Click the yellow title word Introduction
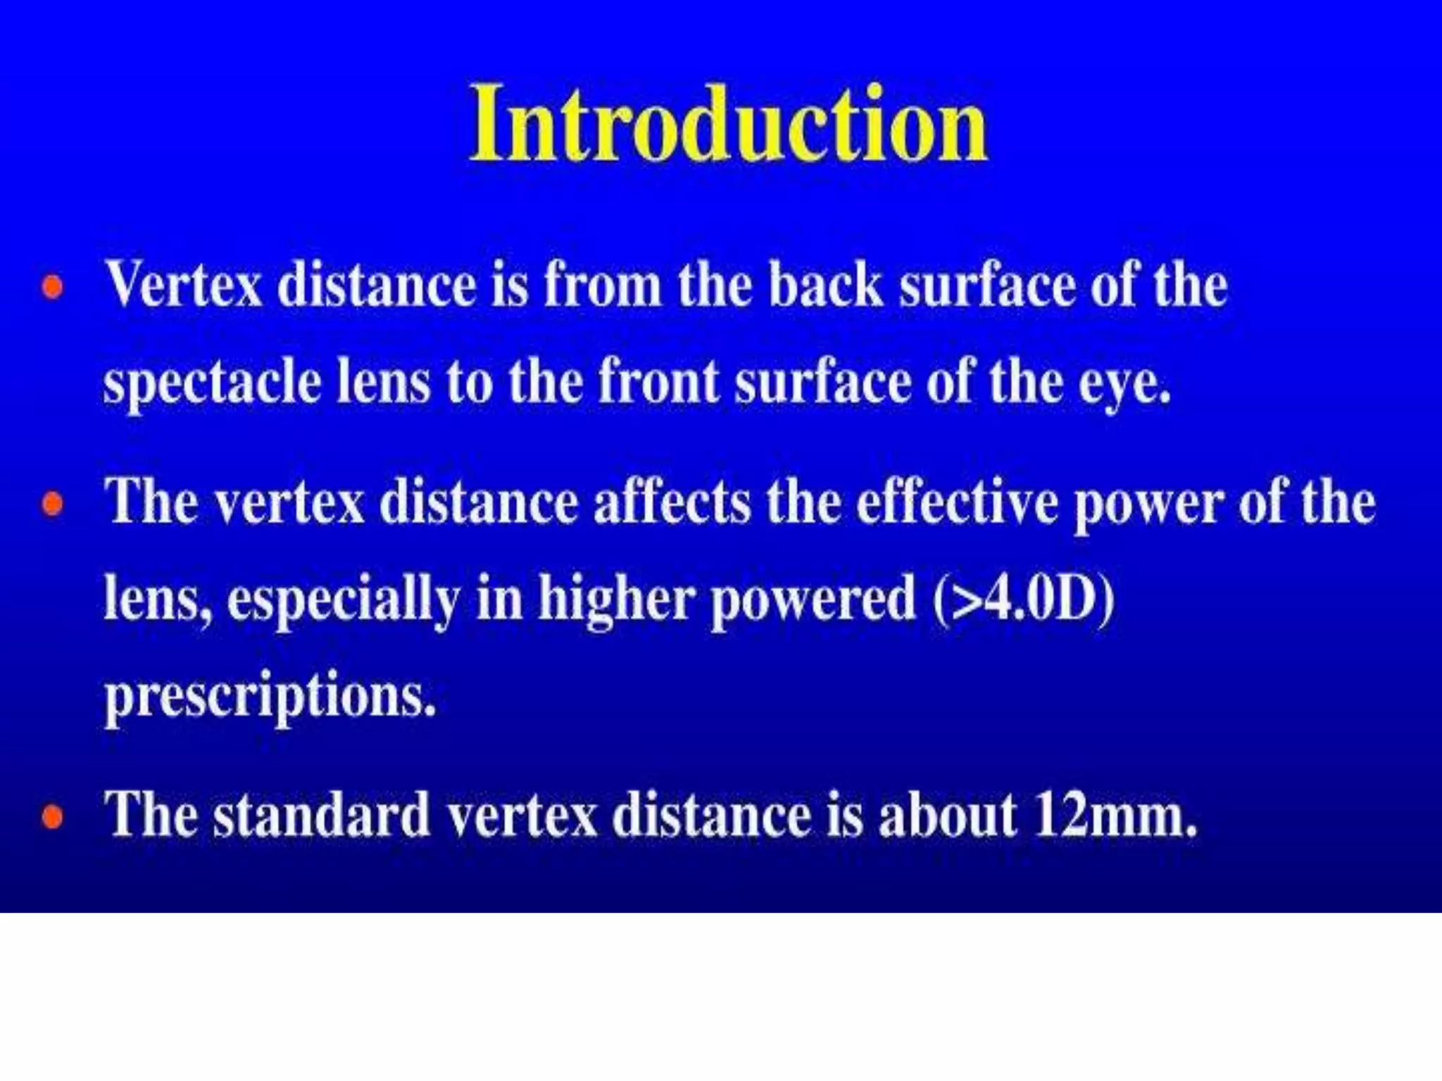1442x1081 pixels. pos(729,125)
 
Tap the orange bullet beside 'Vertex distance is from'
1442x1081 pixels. pos(53,288)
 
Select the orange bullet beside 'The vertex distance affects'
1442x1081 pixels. pos(53,504)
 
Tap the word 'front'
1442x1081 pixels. pos(658,382)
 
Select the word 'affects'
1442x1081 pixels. pos(672,502)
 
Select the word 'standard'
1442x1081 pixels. pos(321,816)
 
